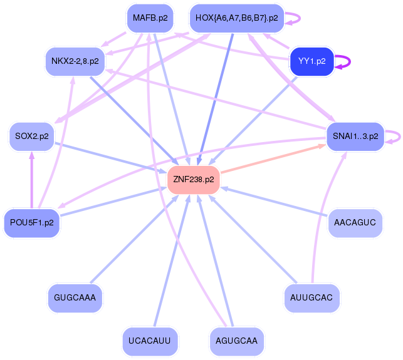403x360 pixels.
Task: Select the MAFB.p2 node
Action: coord(150,18)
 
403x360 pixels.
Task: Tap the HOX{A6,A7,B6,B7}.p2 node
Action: coord(236,18)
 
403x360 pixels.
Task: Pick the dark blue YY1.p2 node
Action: coord(311,61)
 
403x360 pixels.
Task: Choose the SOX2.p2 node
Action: coord(31,136)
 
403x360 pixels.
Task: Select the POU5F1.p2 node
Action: coord(31,222)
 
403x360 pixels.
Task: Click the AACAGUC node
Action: coord(355,222)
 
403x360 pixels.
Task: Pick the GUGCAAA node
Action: coord(75,297)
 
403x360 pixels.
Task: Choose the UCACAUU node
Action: coord(150,340)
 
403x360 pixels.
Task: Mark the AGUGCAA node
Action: coord(236,340)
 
